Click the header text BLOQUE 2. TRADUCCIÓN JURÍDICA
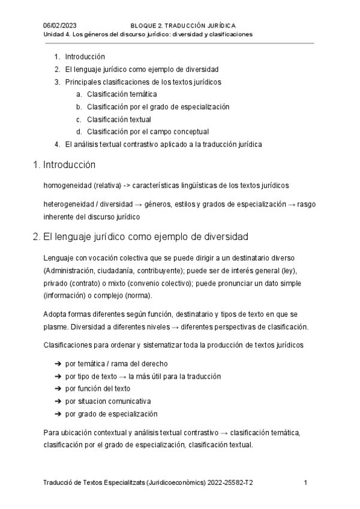coord(183,26)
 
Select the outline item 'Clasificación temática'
coord(122,94)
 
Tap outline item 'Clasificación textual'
coord(119,119)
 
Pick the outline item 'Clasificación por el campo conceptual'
coord(148,131)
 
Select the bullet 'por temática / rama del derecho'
coord(116,364)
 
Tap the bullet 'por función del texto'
coord(98,388)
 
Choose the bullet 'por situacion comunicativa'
coord(108,401)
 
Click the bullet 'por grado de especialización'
coord(111,414)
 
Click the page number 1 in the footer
coord(306,483)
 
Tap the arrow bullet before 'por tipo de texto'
coord(58,376)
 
